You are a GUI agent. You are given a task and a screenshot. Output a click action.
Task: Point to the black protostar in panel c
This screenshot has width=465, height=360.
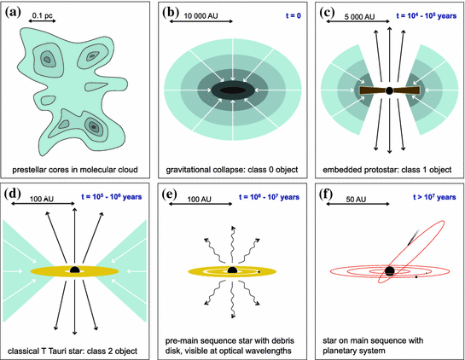click(389, 90)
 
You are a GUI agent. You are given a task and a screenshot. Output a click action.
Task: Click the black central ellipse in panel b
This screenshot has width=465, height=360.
click(232, 90)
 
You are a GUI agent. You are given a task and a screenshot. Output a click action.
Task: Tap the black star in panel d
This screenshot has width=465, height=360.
click(75, 270)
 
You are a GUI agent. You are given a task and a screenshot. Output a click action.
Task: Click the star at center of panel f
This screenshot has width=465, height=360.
click(389, 270)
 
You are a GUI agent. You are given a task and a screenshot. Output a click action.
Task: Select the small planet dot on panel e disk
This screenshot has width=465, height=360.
click(260, 273)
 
